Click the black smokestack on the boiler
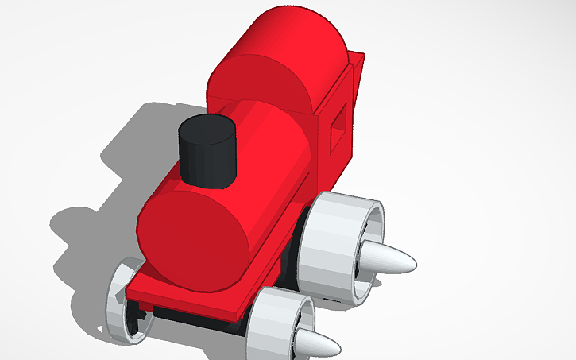208,159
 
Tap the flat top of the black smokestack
208,130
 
